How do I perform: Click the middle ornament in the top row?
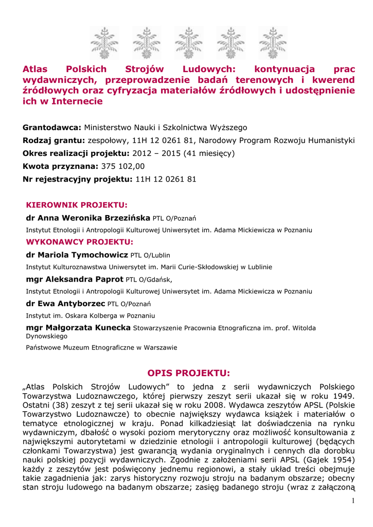(x=189, y=43)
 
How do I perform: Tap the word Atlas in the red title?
(x=35, y=69)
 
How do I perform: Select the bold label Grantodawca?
(x=52, y=127)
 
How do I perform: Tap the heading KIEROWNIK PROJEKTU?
(x=77, y=204)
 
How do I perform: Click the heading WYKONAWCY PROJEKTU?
(x=80, y=241)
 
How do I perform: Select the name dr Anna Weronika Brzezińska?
(x=88, y=217)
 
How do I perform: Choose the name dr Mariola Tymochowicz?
(x=77, y=254)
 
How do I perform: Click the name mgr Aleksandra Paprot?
(x=75, y=279)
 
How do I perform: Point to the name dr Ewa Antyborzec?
(x=65, y=303)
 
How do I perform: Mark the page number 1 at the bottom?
(x=353, y=501)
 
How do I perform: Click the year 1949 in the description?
(x=342, y=396)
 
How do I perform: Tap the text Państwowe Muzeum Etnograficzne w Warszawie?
(x=101, y=347)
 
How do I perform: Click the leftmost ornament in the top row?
(x=104, y=43)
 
